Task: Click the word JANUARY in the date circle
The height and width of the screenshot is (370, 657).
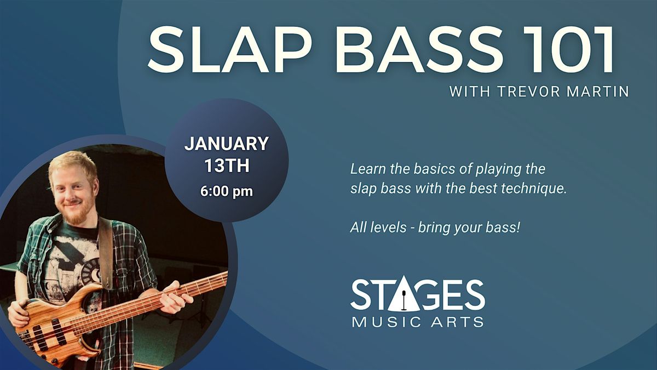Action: coord(226,144)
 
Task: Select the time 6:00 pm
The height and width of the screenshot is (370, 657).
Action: coord(226,192)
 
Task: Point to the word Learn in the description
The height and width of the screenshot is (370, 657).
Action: coord(365,169)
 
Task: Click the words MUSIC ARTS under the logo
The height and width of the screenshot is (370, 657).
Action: coord(418,322)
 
